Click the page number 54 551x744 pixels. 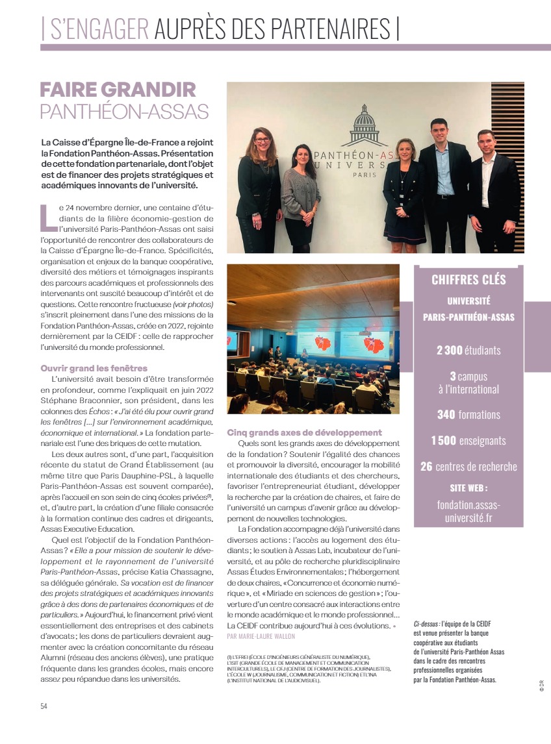(44, 706)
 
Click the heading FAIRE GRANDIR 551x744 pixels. (118, 90)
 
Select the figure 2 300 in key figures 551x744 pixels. (449, 351)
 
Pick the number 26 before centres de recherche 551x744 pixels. (426, 467)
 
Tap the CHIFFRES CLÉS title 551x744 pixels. (468, 280)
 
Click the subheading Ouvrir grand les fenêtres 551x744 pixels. (94, 368)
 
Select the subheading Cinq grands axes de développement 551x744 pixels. (304, 432)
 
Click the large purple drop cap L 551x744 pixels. (47, 217)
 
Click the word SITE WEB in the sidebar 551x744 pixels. (468, 488)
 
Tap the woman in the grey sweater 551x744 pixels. (300, 195)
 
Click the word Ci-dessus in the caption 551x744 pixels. (426, 623)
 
